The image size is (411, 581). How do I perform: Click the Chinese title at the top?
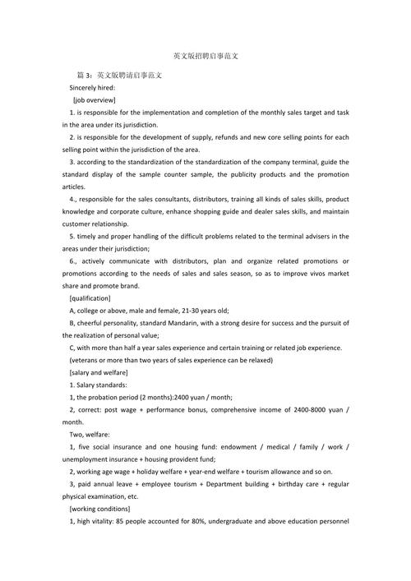coord(205,57)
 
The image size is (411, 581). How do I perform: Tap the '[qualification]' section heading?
coord(95,297)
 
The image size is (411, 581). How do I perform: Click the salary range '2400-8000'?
coord(310,409)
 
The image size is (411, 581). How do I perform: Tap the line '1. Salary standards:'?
coord(99,385)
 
